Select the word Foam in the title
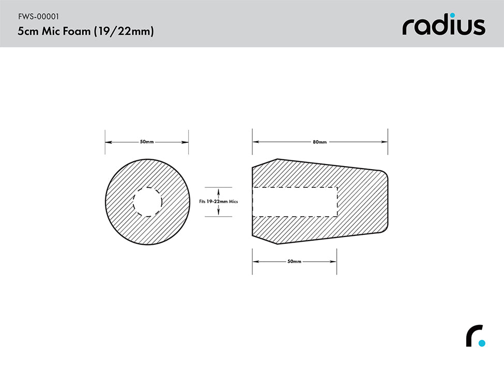point(77,32)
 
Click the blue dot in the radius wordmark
point(452,16)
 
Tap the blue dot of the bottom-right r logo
point(482,342)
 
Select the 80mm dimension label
point(319,142)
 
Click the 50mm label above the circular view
point(146,142)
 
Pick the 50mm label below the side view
point(294,262)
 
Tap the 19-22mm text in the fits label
point(218,202)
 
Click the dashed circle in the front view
point(147,202)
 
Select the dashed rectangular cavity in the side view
point(295,202)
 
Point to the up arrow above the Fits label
point(218,191)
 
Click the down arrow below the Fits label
point(218,213)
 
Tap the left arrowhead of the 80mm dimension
point(255,142)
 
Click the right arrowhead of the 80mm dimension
point(385,142)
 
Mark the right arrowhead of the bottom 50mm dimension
point(334,262)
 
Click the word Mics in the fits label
point(234,202)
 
